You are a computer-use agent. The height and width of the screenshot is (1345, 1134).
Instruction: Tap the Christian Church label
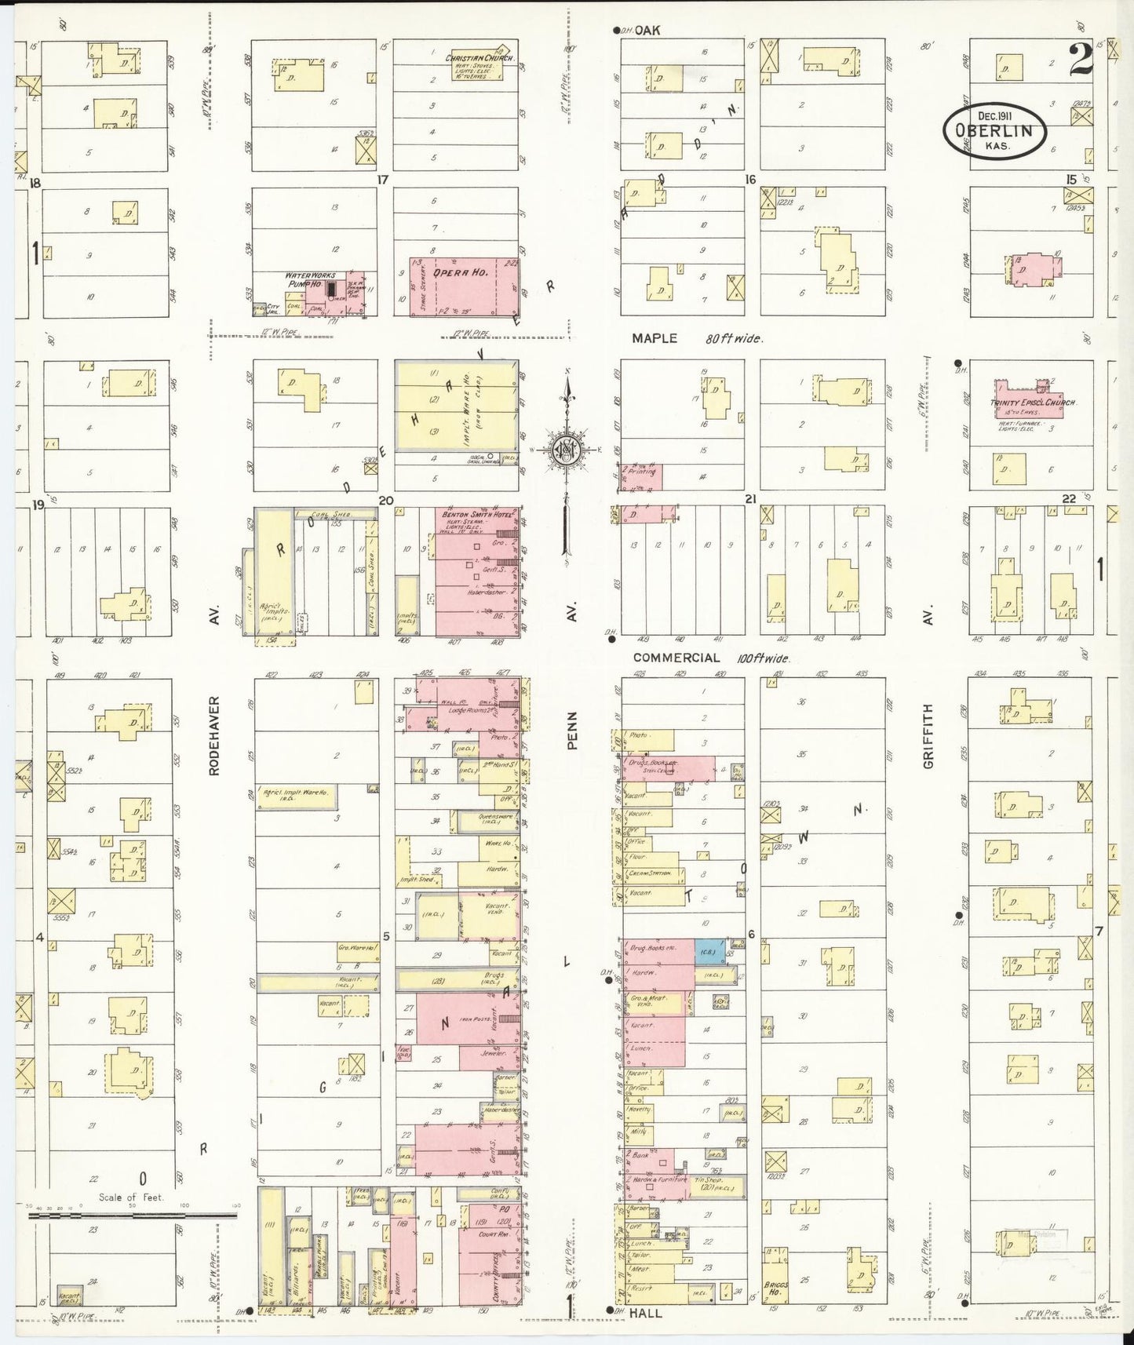click(479, 58)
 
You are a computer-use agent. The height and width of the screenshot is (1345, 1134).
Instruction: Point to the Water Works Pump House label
click(311, 279)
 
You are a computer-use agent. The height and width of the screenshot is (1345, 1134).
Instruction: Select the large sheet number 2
click(1080, 59)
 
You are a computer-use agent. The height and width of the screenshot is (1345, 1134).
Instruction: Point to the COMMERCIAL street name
click(676, 658)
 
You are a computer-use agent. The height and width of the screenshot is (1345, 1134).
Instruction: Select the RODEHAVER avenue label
click(213, 735)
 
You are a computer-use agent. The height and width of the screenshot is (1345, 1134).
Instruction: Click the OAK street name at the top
click(648, 31)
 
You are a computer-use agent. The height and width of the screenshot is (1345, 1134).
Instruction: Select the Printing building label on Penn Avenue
click(642, 473)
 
